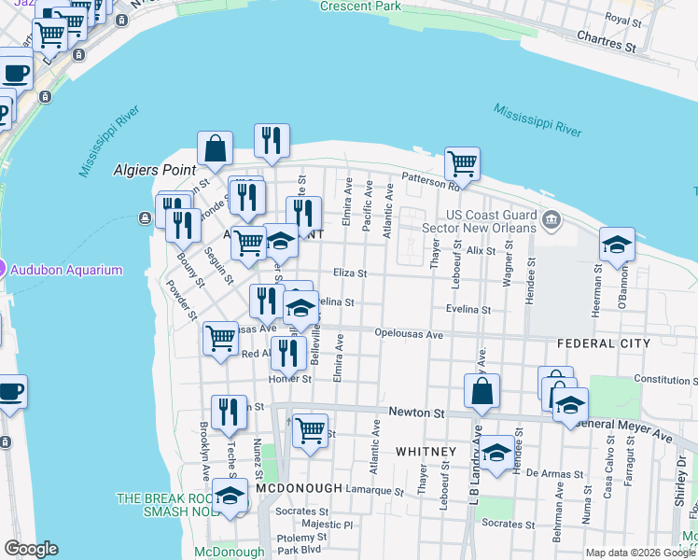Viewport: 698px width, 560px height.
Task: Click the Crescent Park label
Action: [x=359, y=6]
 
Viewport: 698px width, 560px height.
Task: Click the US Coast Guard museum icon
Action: [x=551, y=220]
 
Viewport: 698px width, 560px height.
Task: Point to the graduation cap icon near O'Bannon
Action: [x=617, y=245]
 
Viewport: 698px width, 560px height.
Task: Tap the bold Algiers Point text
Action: [x=153, y=170]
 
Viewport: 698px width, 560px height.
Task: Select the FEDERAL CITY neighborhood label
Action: [x=603, y=343]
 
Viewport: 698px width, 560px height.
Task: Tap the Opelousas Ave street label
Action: [x=408, y=333]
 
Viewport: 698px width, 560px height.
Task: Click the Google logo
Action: [x=31, y=549]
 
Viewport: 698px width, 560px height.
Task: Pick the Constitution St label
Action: [x=665, y=380]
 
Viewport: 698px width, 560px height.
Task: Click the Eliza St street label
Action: [x=351, y=273]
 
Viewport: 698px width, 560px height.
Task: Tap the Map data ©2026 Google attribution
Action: [x=639, y=553]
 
